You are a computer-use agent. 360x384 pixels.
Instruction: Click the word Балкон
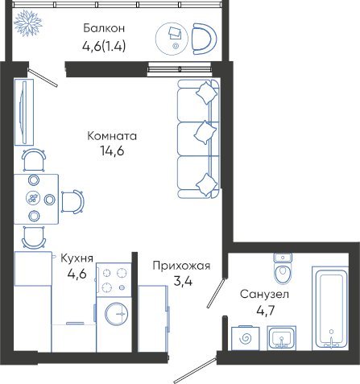[104, 28]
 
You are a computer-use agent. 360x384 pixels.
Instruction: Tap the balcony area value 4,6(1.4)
[104, 47]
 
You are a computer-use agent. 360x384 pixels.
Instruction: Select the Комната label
[112, 136]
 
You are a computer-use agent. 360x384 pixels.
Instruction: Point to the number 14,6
[112, 151]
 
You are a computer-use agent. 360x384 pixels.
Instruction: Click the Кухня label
[77, 258]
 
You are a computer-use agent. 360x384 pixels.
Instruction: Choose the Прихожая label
[181, 266]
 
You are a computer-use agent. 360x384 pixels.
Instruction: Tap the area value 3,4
[183, 281]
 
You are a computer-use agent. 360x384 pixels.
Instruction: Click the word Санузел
[264, 294]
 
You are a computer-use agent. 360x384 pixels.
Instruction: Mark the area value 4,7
[266, 311]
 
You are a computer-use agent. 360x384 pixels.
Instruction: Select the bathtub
[329, 309]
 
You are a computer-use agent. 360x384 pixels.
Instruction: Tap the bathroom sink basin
[281, 338]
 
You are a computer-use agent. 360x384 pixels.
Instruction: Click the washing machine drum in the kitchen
[116, 314]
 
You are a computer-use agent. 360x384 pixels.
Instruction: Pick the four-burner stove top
[114, 280]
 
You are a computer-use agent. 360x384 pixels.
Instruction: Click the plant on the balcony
[28, 23]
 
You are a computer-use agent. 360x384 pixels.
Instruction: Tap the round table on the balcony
[172, 39]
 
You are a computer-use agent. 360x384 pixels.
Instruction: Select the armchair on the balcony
[205, 39]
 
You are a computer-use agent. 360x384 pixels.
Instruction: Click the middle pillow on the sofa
[205, 132]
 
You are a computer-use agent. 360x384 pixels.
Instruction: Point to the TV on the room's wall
[24, 112]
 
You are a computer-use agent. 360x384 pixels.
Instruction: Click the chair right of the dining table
[72, 201]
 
